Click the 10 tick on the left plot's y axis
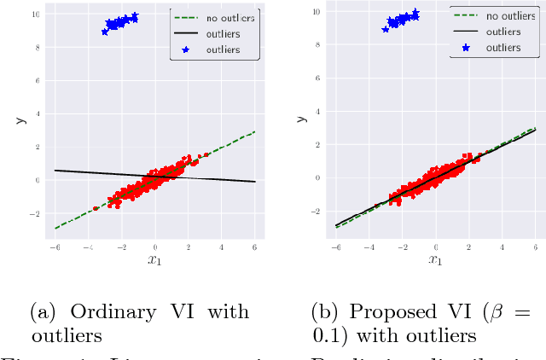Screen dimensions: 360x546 pyautogui.click(x=33, y=15)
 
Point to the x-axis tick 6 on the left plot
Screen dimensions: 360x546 pyautogui.click(x=256, y=247)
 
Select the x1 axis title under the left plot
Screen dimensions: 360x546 pyautogui.click(x=155, y=260)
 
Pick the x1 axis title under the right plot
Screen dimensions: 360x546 pyautogui.click(x=436, y=260)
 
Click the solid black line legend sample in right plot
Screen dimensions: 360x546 pyautogui.click(x=464, y=32)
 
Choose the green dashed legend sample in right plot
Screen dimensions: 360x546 pyautogui.click(x=464, y=16)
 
